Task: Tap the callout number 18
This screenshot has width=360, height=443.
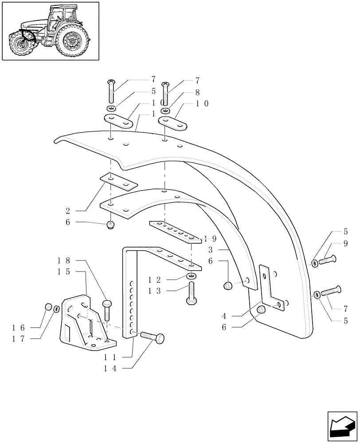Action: click(x=64, y=260)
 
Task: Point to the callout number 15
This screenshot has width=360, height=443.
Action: click(x=64, y=271)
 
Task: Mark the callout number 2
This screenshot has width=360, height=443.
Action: click(x=68, y=211)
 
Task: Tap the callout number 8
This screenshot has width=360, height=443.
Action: click(x=197, y=93)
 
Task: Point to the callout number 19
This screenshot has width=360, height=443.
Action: click(x=211, y=238)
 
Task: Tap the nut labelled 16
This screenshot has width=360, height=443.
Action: click(x=49, y=307)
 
